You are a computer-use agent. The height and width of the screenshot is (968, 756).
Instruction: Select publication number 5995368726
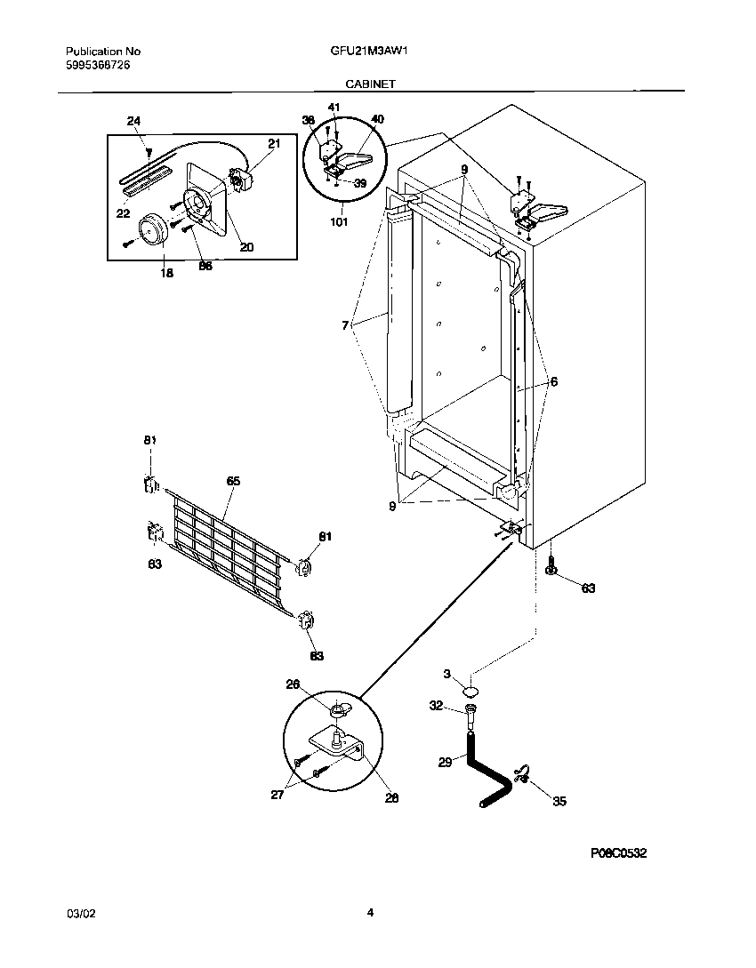point(103,66)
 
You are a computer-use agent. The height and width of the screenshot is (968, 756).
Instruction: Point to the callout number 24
point(133,121)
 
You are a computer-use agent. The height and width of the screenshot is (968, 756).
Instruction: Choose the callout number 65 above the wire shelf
point(233,481)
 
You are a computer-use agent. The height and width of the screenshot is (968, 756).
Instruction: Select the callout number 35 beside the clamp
point(559,801)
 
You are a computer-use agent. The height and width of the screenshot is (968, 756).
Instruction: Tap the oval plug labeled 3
point(471,688)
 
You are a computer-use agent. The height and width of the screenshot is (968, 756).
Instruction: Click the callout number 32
point(437,706)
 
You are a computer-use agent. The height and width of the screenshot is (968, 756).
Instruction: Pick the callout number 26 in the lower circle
point(318,684)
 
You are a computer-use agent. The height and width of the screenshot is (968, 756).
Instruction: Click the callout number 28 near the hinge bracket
point(392,797)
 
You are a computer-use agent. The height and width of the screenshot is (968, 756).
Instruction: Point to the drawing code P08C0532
point(618,853)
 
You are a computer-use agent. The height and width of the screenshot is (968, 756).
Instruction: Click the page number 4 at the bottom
point(370,912)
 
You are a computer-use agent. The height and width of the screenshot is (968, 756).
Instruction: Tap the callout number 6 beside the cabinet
point(554,381)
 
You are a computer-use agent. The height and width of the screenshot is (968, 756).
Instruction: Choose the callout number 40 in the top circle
point(377,119)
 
